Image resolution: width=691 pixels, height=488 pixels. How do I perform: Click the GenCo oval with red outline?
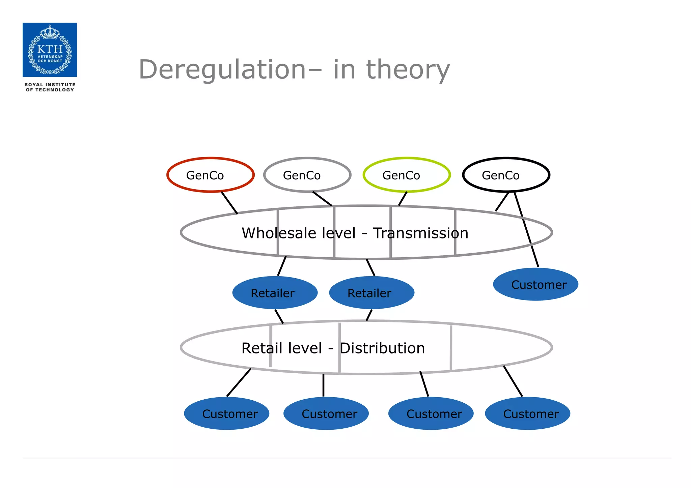pyautogui.click(x=210, y=175)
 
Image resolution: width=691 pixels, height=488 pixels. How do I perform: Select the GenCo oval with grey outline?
pyautogui.click(x=307, y=175)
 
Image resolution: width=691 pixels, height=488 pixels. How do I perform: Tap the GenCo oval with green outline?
pyautogui.click(x=406, y=175)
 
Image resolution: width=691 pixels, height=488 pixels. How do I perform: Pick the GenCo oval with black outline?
pyautogui.click(x=506, y=175)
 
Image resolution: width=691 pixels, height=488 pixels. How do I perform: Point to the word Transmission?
pyautogui.click(x=420, y=233)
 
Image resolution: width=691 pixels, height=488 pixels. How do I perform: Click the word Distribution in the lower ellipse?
pyautogui.click(x=382, y=348)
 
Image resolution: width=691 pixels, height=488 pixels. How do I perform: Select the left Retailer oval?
pyautogui.click(x=275, y=293)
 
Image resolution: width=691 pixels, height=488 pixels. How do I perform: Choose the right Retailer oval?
pyautogui.click(x=371, y=293)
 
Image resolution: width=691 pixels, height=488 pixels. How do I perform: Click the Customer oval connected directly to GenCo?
pyautogui.click(x=535, y=284)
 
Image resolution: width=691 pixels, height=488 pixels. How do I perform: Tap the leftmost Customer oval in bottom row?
pyautogui.click(x=226, y=413)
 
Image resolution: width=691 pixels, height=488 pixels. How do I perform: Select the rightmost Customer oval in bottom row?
pyautogui.click(x=527, y=413)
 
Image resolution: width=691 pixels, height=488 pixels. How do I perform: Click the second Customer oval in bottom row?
pyautogui.click(x=326, y=413)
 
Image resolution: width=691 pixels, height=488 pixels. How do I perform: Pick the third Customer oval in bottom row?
pyautogui.click(x=431, y=413)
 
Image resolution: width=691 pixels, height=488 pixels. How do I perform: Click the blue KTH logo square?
pyautogui.click(x=50, y=50)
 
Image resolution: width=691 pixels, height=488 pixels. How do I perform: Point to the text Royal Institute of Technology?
pyautogui.click(x=50, y=87)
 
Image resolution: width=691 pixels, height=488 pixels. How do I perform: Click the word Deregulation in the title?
pyautogui.click(x=222, y=70)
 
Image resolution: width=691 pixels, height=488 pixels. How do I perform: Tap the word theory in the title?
pyautogui.click(x=408, y=70)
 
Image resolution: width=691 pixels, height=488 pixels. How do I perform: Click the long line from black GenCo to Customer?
pyautogui.click(x=526, y=229)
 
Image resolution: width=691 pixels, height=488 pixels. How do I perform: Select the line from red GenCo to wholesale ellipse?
pyautogui.click(x=229, y=203)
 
